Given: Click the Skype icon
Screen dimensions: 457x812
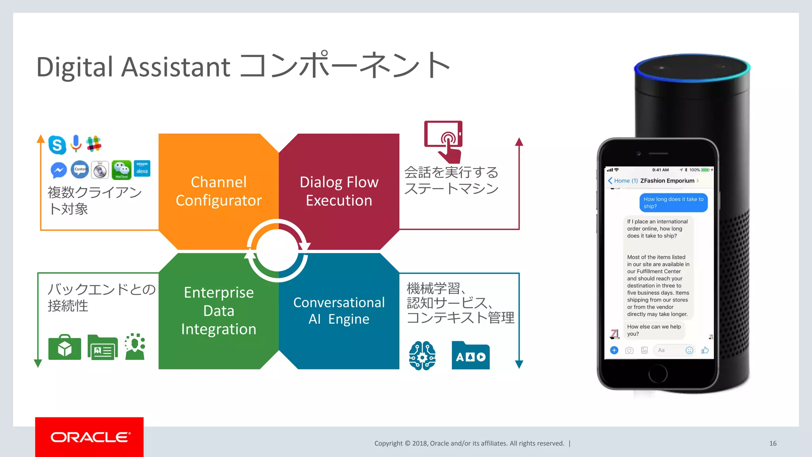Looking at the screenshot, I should (57, 145).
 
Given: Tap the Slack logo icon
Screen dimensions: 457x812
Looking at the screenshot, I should (94, 144).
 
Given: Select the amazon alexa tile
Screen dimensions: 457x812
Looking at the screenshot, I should (142, 169).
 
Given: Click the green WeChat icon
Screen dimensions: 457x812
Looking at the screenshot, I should (121, 170).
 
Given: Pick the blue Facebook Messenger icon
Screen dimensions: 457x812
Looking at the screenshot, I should (59, 170).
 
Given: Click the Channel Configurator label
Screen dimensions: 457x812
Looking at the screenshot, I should (218, 191).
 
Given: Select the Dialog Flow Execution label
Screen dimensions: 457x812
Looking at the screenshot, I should (339, 191).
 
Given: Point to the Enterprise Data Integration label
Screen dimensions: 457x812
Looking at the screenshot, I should (218, 311).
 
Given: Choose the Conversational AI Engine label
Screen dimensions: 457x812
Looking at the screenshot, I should (339, 311).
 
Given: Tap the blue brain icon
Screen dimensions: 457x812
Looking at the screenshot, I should (422, 355).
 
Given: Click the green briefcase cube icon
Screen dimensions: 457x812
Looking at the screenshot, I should (65, 348).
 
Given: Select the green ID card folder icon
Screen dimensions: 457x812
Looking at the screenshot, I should (103, 348).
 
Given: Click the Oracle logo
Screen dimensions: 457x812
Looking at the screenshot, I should (90, 437).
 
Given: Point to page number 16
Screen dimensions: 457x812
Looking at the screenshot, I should (773, 444).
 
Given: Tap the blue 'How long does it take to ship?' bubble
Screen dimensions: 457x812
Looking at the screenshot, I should (673, 203).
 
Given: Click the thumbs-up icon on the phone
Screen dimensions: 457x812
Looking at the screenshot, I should (705, 350).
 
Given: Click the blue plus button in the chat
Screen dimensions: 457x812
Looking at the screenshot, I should (614, 350).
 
